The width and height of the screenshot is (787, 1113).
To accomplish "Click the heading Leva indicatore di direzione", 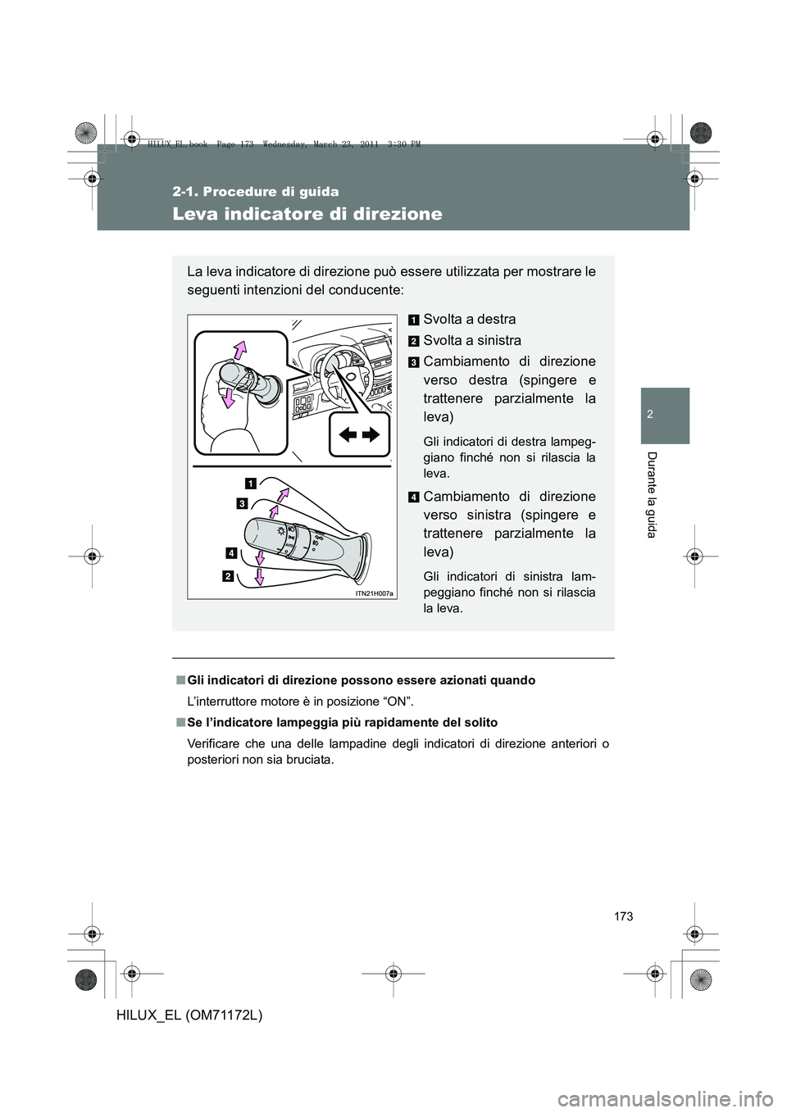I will (308, 215).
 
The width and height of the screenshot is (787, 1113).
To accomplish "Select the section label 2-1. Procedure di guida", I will (255, 192).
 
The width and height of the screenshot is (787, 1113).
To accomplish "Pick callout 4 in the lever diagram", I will (232, 553).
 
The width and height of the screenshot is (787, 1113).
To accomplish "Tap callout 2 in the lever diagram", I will (226, 577).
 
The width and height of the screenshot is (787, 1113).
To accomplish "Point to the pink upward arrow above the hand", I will (239, 351).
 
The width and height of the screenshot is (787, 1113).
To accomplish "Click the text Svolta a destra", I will (469, 319).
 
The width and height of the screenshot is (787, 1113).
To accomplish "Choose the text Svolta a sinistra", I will (471, 340).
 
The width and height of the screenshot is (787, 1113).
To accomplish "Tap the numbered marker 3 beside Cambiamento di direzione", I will (414, 362).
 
